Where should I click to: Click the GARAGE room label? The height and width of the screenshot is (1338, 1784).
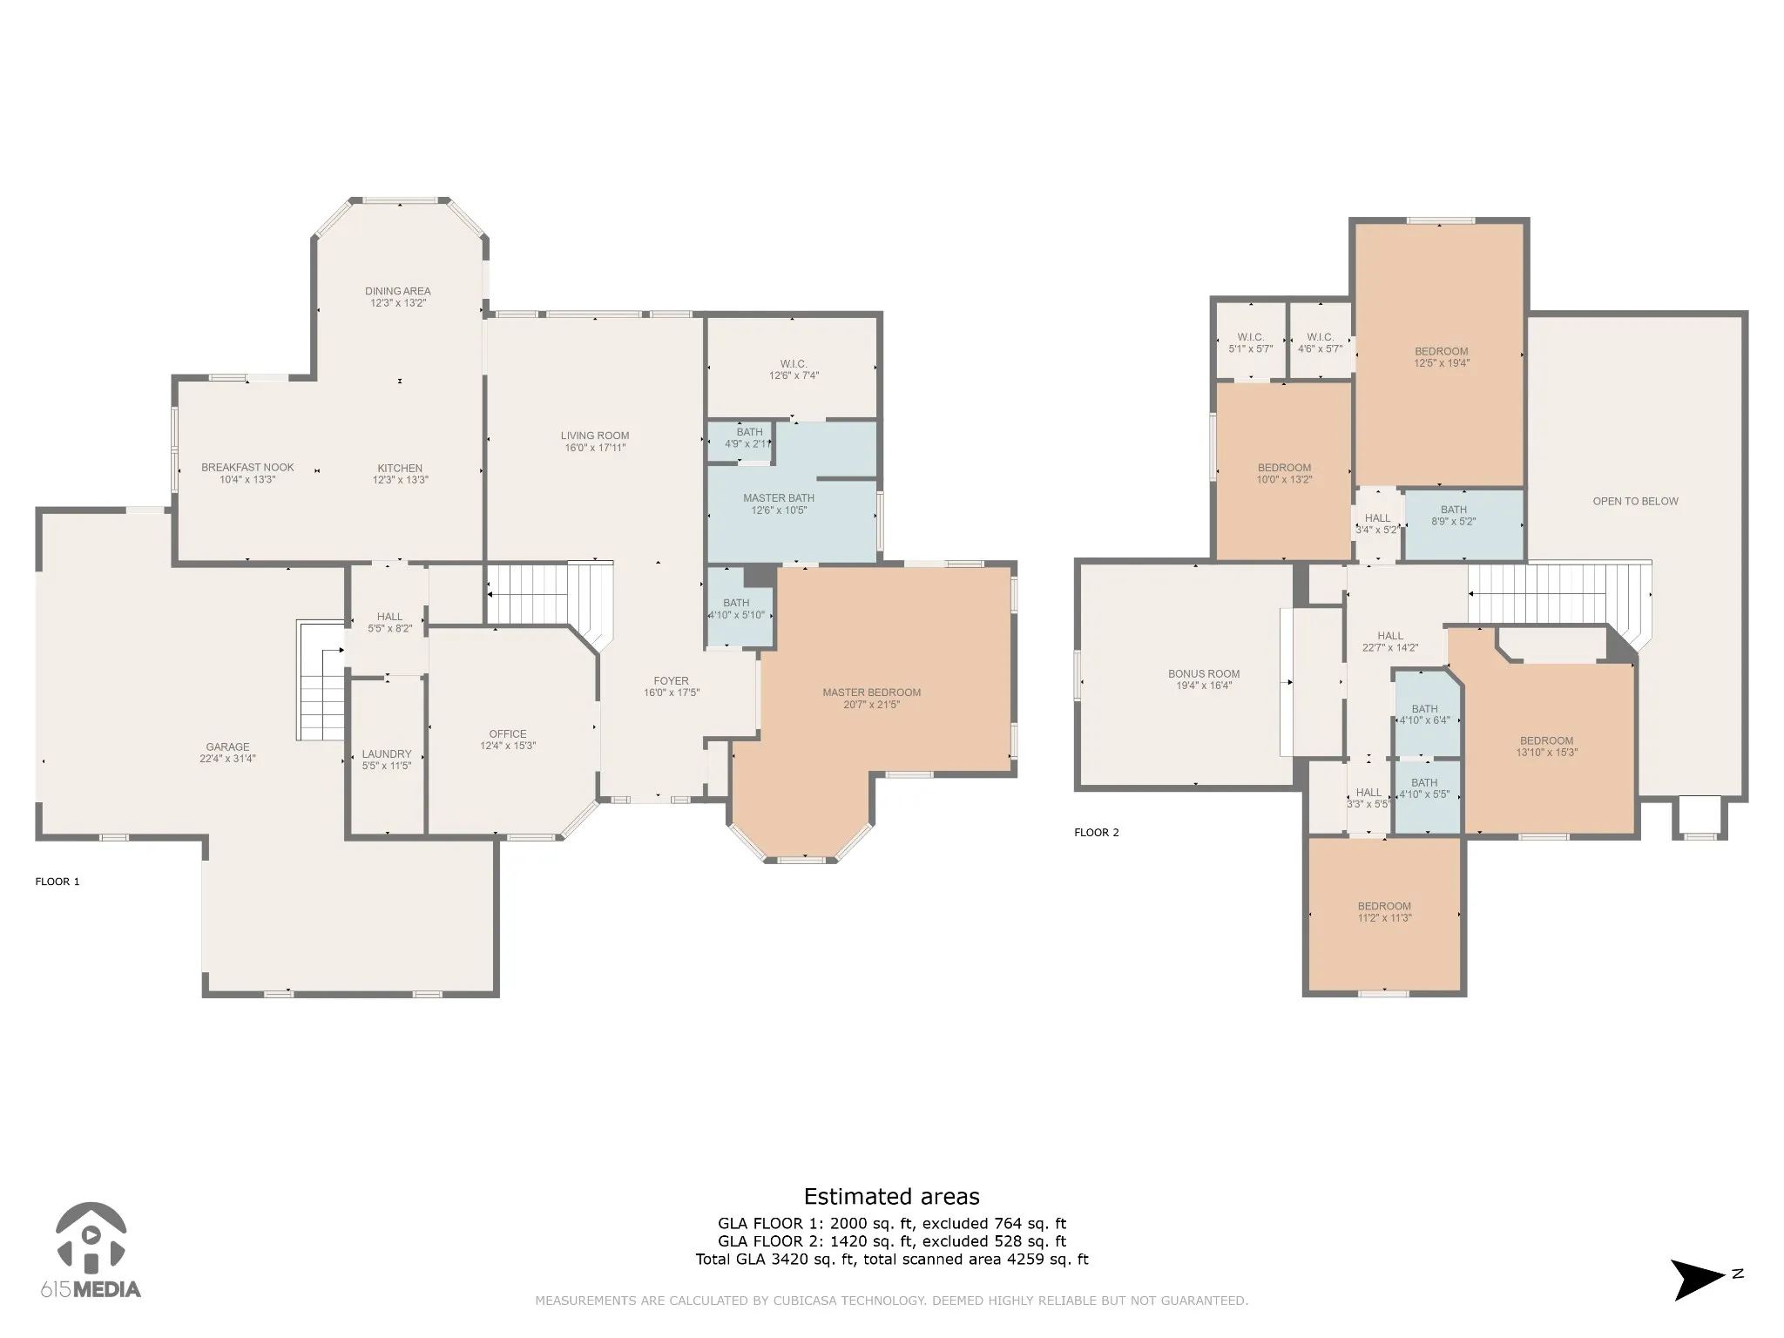coord(227,747)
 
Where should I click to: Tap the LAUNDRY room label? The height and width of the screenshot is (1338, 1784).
coord(387,754)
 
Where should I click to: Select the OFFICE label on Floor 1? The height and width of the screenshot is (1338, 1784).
coord(508,734)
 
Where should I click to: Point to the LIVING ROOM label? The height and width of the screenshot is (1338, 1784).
coord(595,436)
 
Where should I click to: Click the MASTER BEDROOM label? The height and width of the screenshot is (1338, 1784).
coord(872,693)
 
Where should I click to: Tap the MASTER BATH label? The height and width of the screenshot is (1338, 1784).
coord(779,498)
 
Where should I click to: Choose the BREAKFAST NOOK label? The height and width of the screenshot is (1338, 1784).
coord(248,468)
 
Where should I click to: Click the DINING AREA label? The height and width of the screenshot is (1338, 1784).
coord(398,292)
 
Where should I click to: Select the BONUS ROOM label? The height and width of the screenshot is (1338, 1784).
coord(1204,674)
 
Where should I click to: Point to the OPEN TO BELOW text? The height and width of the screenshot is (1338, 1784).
coord(1636,502)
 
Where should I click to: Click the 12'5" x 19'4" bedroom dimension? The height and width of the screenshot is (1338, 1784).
coord(1442,363)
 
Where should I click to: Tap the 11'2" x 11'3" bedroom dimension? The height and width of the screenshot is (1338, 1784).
coord(1384,918)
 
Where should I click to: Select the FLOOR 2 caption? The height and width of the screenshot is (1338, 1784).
coord(1097,833)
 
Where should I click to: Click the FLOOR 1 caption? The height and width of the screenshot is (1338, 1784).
coord(57,882)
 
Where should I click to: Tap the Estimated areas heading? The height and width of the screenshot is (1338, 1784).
coord(892,1197)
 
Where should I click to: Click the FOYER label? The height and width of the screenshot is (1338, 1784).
coord(672,681)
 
